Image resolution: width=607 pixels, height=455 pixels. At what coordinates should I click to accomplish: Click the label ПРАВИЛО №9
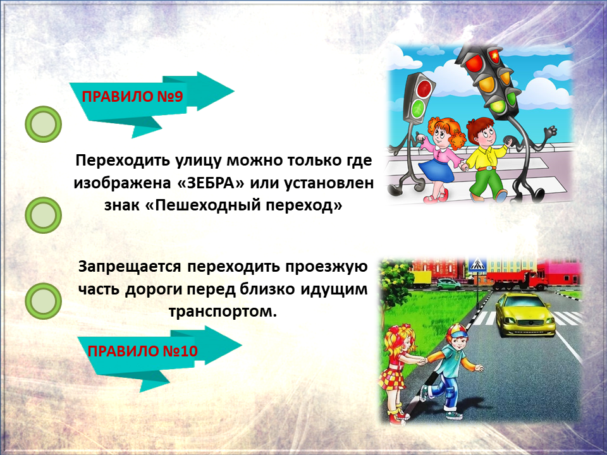[x=132, y=96]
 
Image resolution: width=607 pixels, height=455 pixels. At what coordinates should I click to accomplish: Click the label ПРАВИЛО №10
[x=142, y=351]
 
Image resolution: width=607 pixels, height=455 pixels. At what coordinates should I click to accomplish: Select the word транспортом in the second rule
[x=223, y=311]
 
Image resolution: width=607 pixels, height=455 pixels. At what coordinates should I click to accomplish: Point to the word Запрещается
[x=130, y=267]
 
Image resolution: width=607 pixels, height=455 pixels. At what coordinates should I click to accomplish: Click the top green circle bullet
[x=44, y=124]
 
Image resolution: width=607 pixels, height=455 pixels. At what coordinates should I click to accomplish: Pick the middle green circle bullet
[x=44, y=215]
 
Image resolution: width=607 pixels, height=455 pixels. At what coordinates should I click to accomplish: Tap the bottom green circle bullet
[x=44, y=301]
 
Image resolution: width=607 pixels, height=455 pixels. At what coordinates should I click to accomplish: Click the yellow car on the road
[x=525, y=314]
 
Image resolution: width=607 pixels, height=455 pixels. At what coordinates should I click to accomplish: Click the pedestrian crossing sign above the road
[x=477, y=265]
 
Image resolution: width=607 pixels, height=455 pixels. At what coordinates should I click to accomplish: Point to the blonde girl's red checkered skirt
[x=392, y=378]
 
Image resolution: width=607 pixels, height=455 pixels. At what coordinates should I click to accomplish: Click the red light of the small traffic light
[x=425, y=88]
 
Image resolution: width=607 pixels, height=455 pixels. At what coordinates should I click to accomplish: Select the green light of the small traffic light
[x=419, y=108]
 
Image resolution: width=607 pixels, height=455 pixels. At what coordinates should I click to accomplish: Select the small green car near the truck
[x=449, y=284]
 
